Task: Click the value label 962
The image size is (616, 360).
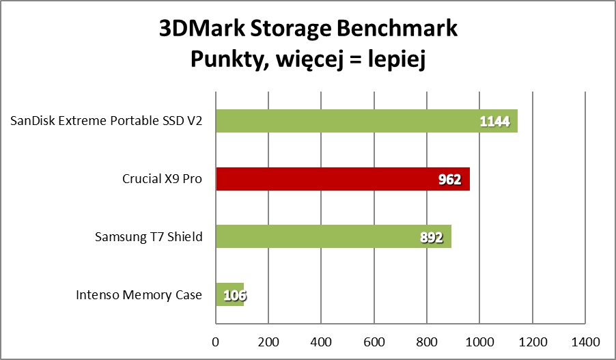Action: [x=449, y=180]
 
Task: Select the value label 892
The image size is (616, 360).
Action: [x=431, y=238]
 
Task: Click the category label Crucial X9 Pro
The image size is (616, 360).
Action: [x=163, y=180]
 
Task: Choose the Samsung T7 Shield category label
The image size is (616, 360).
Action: [x=149, y=237]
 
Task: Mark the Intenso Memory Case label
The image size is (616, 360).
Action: [x=139, y=295]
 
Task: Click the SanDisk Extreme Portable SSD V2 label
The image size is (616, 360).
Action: [x=107, y=122]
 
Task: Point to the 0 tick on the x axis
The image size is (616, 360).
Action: [x=216, y=340]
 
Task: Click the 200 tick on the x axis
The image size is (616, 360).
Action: [x=268, y=340]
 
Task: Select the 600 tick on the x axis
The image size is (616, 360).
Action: [x=374, y=340]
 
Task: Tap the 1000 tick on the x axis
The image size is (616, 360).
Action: [x=479, y=340]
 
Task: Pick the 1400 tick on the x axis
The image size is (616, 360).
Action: [x=584, y=340]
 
